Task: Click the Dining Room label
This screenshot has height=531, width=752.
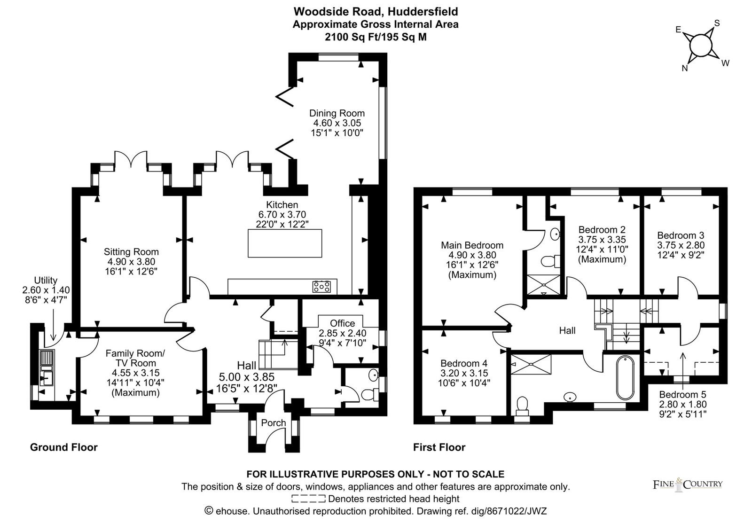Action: [337, 113]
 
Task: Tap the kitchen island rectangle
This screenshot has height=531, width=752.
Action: [285, 243]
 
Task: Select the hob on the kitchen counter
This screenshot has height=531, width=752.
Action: [321, 287]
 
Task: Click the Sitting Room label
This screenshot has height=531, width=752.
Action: [131, 252]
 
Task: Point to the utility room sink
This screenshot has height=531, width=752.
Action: [47, 368]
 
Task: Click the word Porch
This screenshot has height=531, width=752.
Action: [273, 422]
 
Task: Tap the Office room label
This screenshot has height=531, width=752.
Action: [342, 323]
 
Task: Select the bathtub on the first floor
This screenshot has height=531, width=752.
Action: [625, 378]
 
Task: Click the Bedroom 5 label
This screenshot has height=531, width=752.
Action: [682, 394]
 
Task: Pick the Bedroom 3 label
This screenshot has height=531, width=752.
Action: [681, 235]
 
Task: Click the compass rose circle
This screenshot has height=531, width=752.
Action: [701, 45]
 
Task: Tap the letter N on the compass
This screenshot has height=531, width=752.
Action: [684, 68]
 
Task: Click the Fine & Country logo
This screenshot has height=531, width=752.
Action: [687, 484]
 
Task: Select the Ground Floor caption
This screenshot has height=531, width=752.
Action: [64, 447]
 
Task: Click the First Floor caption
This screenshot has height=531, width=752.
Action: [439, 447]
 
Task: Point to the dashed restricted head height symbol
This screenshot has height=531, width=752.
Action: [308, 499]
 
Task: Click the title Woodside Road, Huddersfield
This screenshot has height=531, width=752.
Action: [376, 12]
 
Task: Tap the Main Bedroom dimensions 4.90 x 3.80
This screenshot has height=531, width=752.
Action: [472, 255]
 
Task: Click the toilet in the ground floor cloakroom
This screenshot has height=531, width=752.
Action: [370, 394]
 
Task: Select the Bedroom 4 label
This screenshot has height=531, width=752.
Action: [464, 363]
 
